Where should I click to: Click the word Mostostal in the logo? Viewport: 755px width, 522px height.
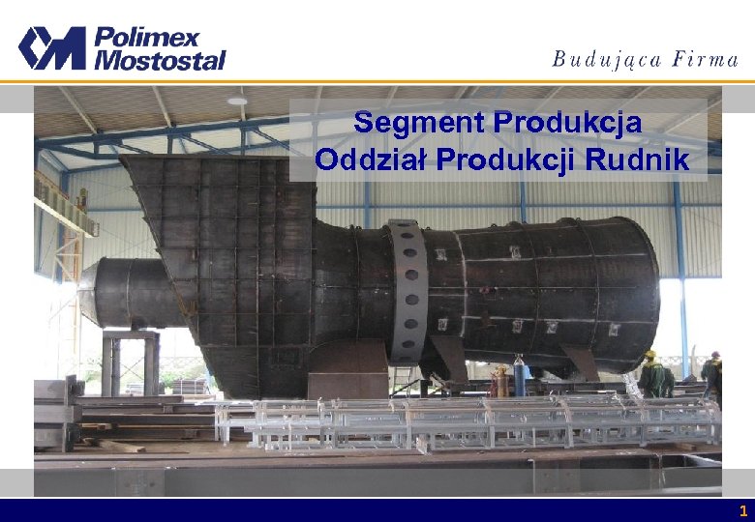[159, 60]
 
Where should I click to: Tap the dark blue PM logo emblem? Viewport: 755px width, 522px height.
[51, 48]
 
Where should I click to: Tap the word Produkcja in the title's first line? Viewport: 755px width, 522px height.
[568, 123]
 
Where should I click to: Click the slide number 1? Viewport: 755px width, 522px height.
[742, 510]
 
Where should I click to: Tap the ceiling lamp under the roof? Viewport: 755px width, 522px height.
[237, 100]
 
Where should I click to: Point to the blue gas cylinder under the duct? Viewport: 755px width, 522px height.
[518, 378]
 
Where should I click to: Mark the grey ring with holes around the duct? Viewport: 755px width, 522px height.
[407, 290]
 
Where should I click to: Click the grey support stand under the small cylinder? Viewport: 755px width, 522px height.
[131, 362]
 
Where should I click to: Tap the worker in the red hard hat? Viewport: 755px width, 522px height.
[714, 372]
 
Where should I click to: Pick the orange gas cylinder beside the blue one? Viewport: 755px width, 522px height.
[499, 381]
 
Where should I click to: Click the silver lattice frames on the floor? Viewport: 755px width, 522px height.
[465, 420]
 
